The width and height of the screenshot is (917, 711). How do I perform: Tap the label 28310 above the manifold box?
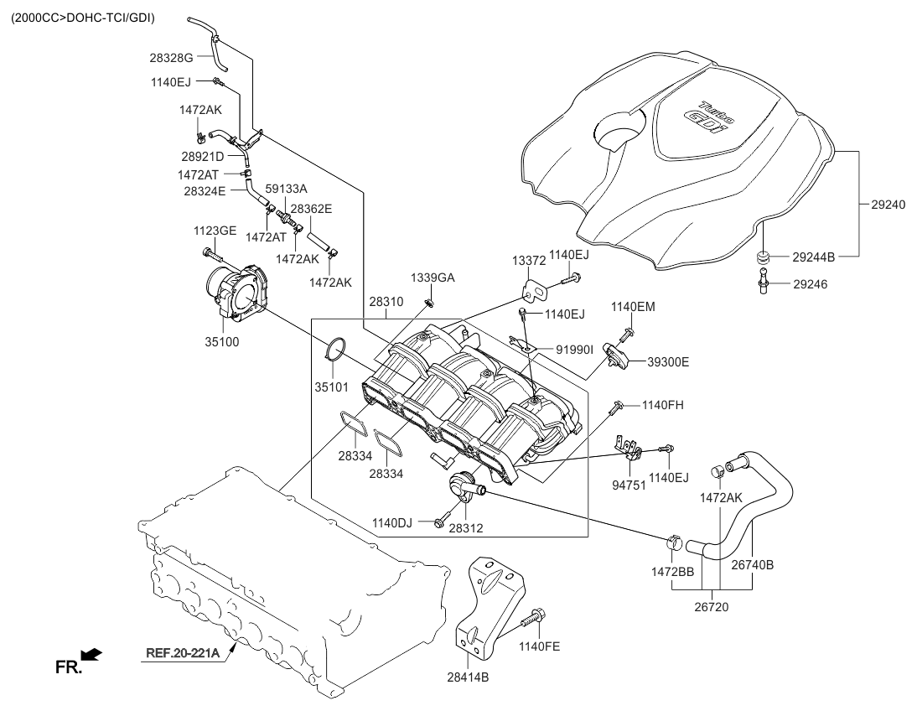point(386,301)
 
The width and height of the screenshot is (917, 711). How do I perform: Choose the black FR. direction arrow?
point(93,651)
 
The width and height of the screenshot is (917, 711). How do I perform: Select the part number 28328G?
point(172,57)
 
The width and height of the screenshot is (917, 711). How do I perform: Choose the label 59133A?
point(287,189)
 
